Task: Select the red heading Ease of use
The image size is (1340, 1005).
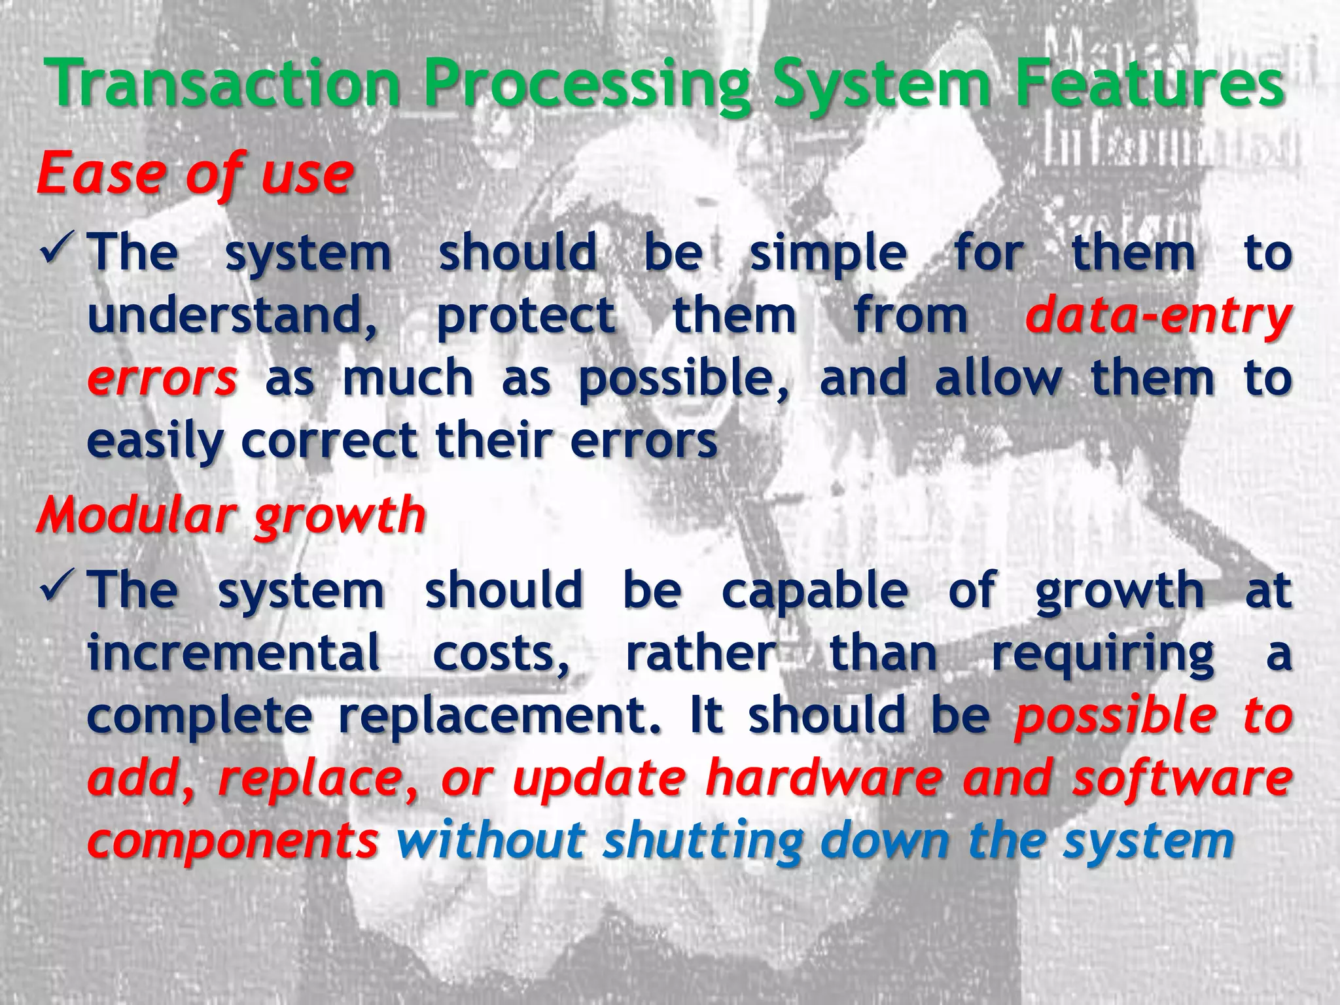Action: click(195, 174)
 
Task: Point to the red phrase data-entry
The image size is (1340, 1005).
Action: click(1158, 317)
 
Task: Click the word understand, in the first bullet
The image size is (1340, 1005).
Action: click(233, 317)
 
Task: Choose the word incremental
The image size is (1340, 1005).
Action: click(234, 653)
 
